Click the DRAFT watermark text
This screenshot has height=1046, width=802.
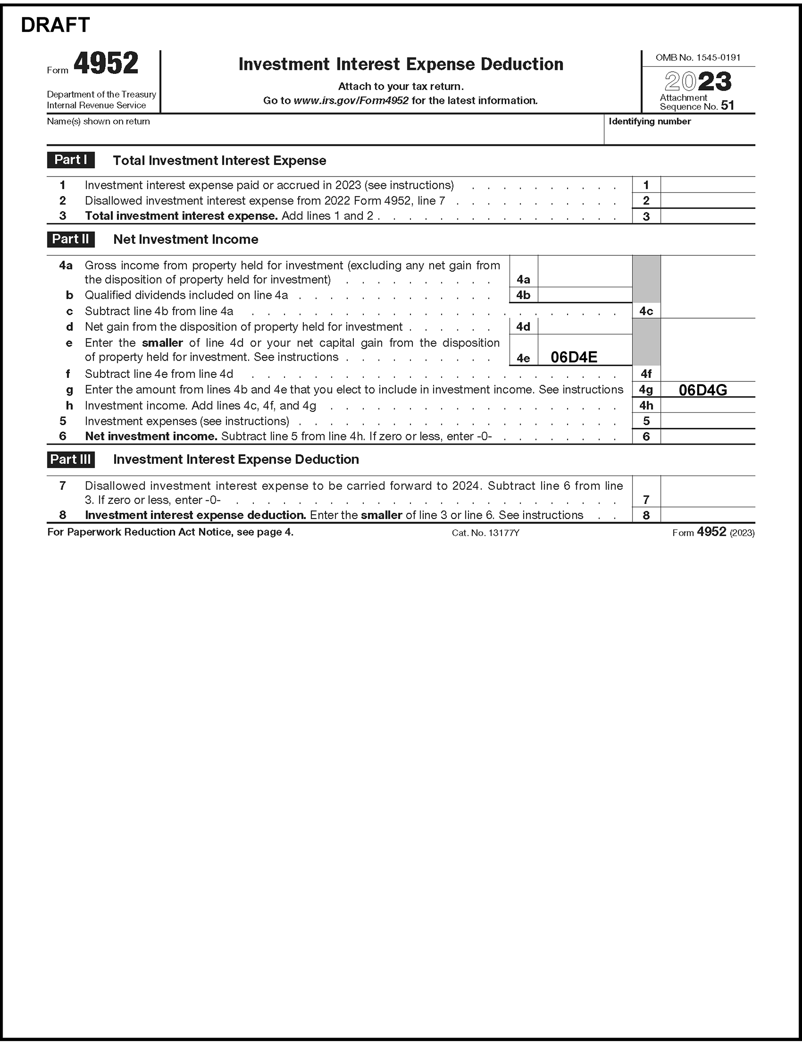55,25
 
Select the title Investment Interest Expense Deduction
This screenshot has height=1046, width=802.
400,64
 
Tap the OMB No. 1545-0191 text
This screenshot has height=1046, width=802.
698,58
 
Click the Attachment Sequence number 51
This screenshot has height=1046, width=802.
727,105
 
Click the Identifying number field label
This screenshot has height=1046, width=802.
649,121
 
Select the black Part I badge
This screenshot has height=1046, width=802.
71,160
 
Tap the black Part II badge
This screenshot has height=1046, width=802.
71,239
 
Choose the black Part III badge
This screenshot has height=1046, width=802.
71,459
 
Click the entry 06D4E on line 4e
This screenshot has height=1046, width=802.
573,357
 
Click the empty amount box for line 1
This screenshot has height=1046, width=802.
707,185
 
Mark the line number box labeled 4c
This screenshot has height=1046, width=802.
646,311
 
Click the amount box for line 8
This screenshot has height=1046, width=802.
707,515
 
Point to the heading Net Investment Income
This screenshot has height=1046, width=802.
186,240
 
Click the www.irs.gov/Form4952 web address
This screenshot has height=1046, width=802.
351,101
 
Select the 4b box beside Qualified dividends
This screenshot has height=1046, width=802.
523,295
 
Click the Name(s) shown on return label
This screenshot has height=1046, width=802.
98,121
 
